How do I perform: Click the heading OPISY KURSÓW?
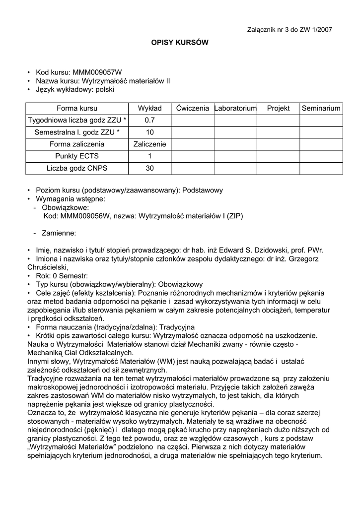180,43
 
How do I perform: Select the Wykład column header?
149,108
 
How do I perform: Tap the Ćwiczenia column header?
192,108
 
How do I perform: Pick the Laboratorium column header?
235,108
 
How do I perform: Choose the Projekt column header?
278,108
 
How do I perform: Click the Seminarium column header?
321,108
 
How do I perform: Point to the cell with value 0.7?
149,120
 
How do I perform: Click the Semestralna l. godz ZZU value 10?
149,132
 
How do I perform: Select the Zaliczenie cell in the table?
149,144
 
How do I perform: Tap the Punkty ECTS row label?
77,156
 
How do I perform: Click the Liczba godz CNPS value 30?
149,168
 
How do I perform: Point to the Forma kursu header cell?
77,108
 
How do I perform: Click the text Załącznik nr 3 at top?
269,30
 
